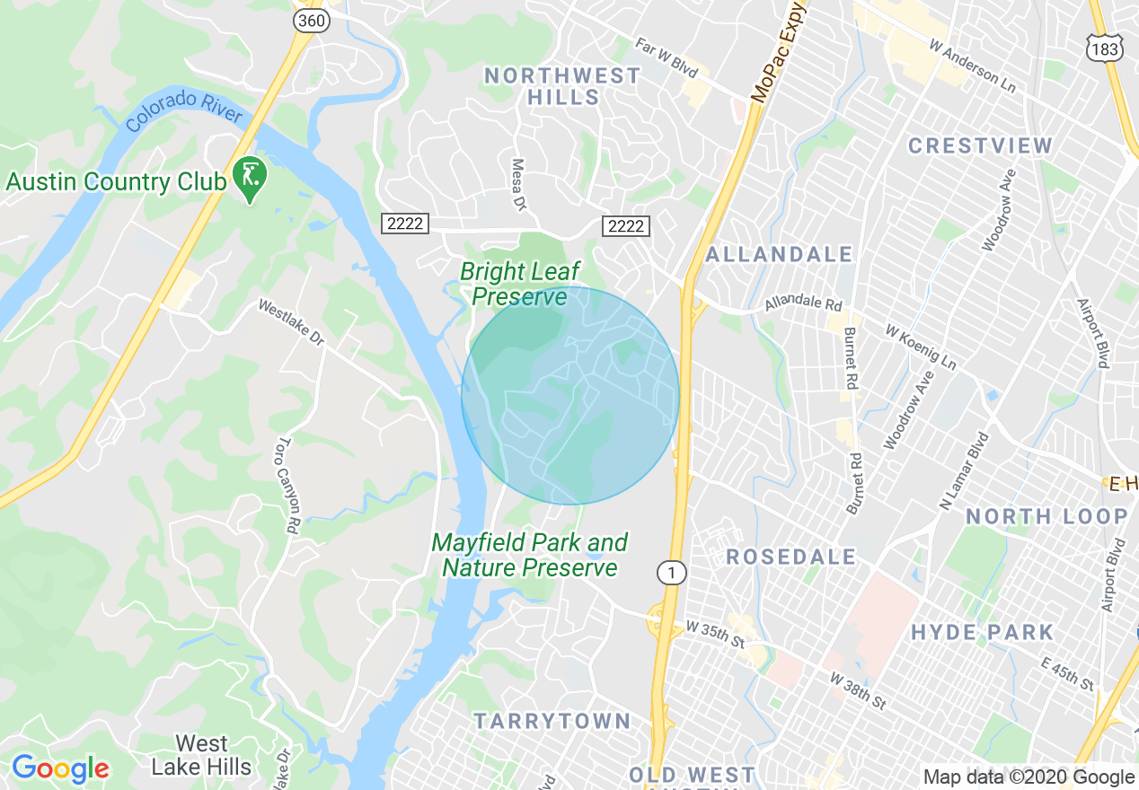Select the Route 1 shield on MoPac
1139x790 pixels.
669,573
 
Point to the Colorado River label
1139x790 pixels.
184,110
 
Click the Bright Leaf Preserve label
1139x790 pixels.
519,284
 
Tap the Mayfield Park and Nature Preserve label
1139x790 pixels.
529,555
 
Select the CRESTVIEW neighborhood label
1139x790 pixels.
980,145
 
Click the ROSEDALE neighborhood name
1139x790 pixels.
791,557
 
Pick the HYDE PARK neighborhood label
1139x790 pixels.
982,632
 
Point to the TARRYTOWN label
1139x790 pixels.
552,721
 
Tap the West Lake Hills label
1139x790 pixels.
201,755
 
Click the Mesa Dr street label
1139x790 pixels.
518,185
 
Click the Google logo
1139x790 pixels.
59,768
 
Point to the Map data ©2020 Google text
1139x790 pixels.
1029,777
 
